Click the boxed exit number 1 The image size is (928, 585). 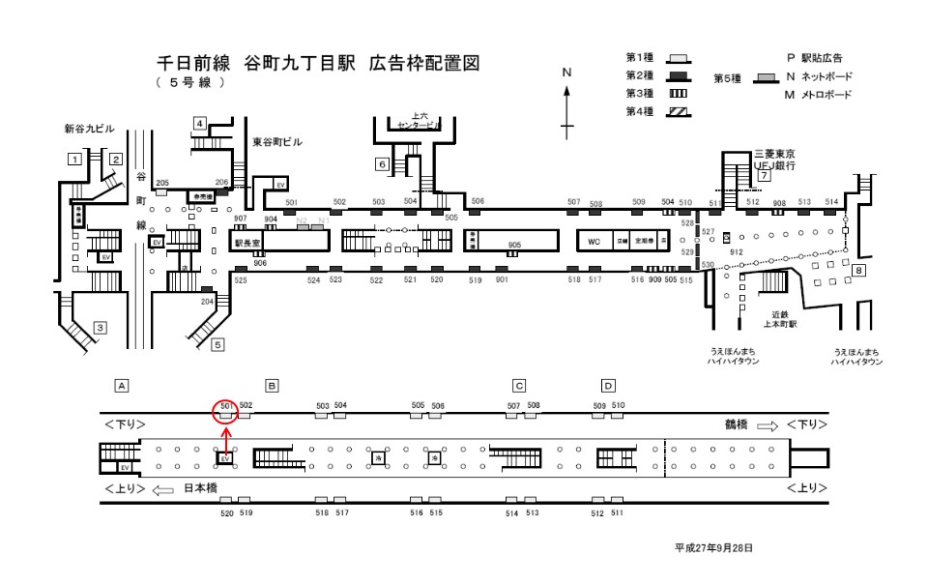(73, 158)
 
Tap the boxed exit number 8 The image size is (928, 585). (858, 271)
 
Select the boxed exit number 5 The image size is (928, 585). (218, 343)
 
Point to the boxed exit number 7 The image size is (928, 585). (764, 176)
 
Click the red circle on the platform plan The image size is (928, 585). (225, 412)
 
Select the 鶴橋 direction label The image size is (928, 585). (738, 424)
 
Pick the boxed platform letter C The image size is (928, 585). (519, 386)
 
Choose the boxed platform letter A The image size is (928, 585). (122, 386)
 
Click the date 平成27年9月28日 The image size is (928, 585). (713, 548)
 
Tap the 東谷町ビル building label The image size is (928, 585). (277, 141)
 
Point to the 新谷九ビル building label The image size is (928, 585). (90, 128)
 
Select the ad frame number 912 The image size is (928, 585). (737, 251)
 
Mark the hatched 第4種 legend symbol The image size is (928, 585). (681, 112)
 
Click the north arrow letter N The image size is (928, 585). (567, 73)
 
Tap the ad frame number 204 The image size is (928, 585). (206, 302)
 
